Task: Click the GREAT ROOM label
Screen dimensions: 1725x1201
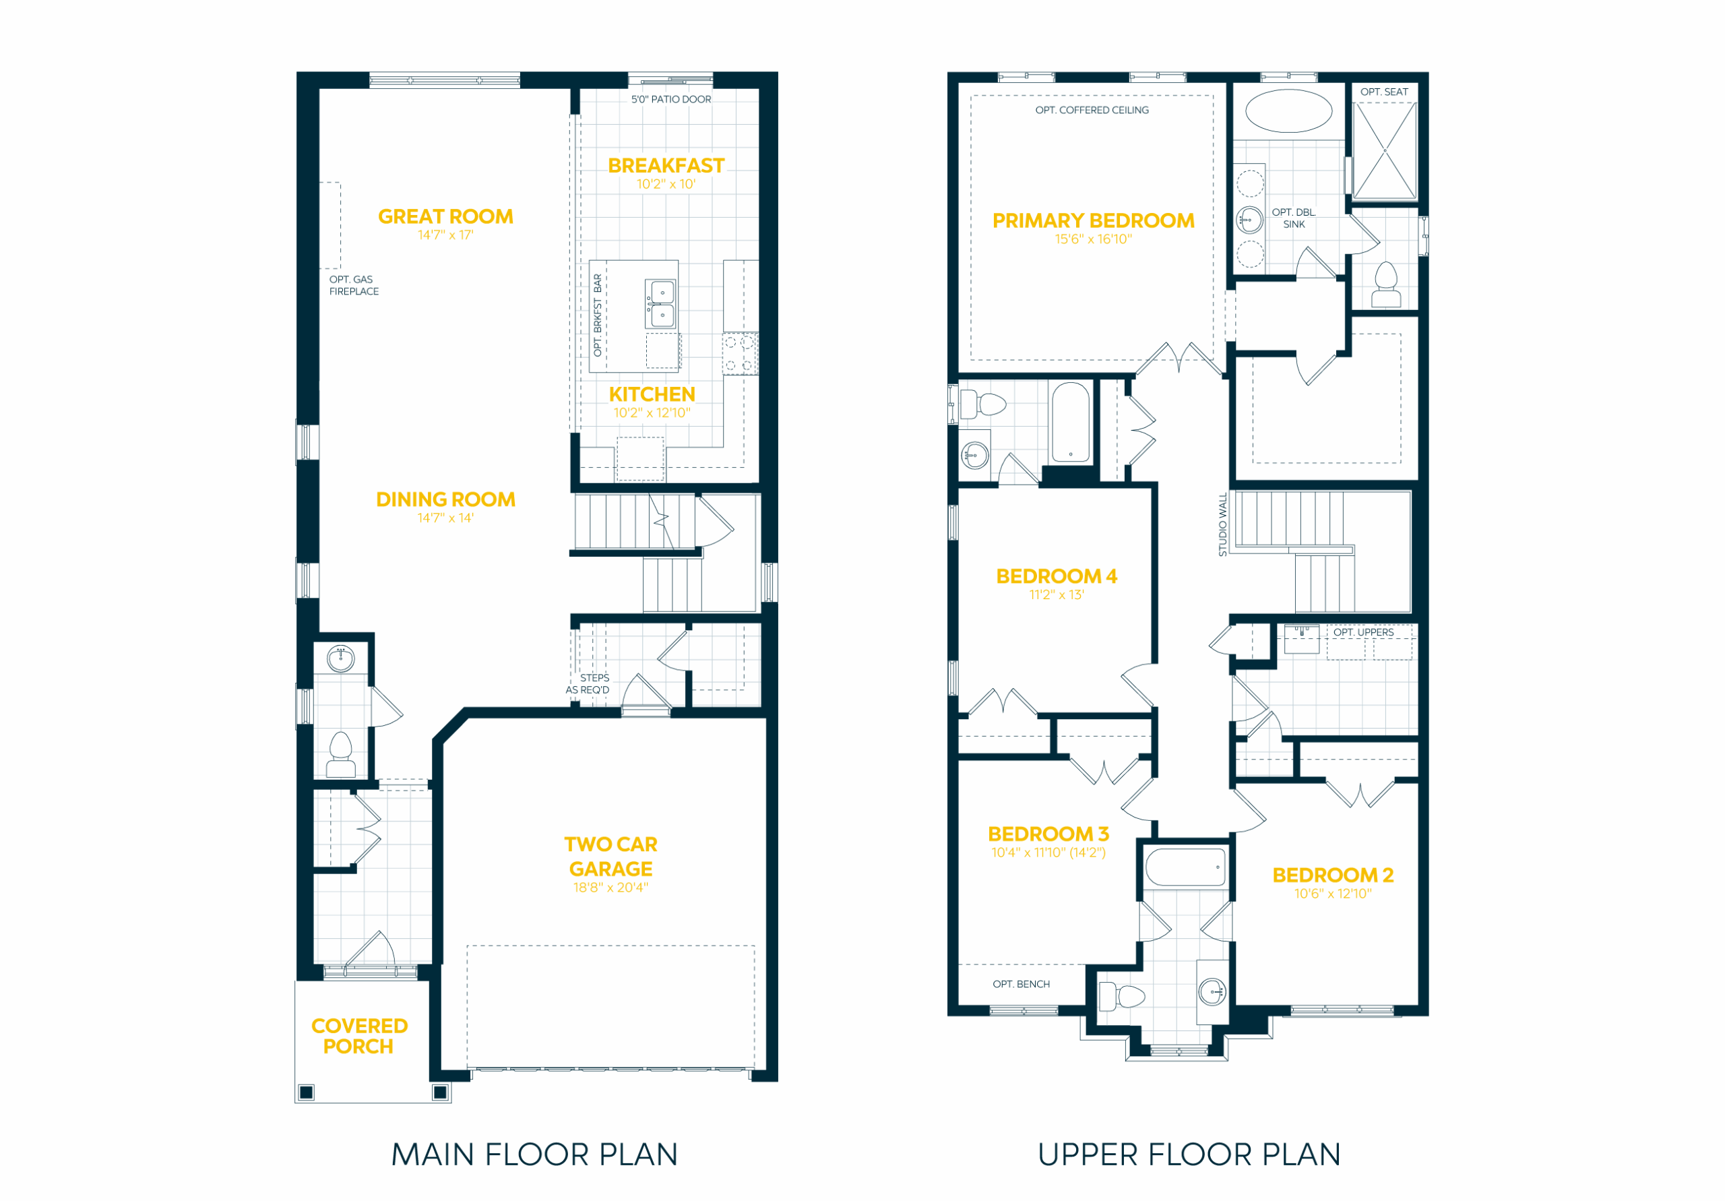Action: [445, 216]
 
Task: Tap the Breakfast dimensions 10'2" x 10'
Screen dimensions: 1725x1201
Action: [666, 184]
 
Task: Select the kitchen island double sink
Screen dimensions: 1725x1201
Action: [662, 304]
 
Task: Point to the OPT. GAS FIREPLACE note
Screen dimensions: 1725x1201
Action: [354, 286]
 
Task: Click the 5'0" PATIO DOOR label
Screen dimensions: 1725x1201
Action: [671, 99]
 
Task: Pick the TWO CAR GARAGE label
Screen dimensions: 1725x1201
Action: [610, 857]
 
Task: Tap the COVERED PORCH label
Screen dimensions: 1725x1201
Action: [359, 1037]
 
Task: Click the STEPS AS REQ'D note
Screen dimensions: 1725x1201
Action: [588, 684]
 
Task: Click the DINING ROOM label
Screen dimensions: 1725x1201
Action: [445, 500]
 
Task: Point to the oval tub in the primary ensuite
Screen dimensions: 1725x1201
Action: [1288, 111]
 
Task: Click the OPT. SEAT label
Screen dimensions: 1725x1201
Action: [1384, 92]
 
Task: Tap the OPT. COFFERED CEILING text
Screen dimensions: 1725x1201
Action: [1092, 111]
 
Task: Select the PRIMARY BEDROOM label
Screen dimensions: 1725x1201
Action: [1093, 221]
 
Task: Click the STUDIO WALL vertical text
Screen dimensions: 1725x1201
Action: [1222, 524]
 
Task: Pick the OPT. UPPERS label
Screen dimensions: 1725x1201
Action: [1364, 632]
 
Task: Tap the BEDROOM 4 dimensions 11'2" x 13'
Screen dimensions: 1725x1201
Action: [1057, 595]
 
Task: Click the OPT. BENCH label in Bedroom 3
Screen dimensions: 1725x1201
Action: [1021, 984]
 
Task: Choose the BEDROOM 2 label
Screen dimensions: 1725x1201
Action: [1333, 875]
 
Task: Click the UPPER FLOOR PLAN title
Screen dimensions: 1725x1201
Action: [1189, 1155]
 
